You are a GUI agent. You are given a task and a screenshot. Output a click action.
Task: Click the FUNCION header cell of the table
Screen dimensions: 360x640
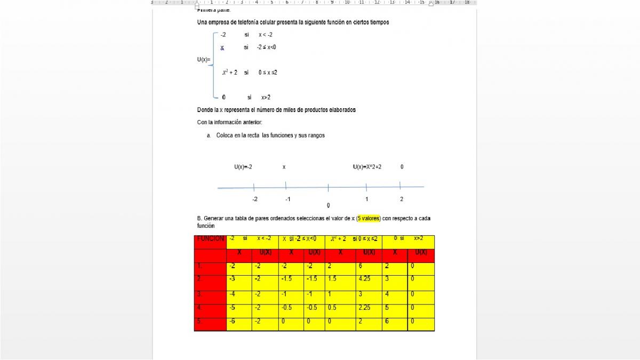[210, 239]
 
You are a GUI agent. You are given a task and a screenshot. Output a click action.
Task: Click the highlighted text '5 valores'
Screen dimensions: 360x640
[369, 219]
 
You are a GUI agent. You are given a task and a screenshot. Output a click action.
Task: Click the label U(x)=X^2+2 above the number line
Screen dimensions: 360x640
[367, 167]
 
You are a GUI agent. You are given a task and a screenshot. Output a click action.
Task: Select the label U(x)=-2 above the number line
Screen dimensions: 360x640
[243, 167]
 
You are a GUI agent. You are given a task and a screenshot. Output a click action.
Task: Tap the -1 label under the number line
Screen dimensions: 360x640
[287, 199]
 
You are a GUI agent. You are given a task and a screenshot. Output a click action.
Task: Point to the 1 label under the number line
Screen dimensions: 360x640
[367, 199]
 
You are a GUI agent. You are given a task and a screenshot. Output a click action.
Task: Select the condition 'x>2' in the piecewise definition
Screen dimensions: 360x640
[266, 98]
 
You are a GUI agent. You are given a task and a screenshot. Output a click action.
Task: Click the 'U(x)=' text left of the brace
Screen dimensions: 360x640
[203, 60]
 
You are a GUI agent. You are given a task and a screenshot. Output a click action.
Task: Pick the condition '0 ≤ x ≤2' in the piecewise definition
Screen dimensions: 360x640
[268, 73]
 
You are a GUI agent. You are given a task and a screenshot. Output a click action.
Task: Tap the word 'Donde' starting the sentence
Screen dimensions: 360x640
[204, 110]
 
